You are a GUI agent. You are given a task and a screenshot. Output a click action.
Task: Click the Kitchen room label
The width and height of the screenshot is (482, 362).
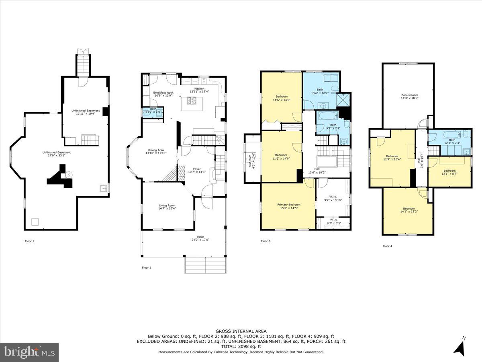[x=199, y=89]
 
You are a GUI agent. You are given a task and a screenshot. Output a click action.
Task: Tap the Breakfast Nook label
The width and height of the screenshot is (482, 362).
[x=163, y=93]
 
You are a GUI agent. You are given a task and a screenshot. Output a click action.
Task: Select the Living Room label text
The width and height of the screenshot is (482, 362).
[x=167, y=206]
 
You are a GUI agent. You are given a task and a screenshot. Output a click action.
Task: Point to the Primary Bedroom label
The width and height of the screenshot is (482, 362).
[x=288, y=205]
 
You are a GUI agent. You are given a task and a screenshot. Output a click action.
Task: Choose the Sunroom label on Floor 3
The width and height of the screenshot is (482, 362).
[x=250, y=160]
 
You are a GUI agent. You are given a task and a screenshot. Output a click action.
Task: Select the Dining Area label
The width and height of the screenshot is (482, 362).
[x=155, y=150]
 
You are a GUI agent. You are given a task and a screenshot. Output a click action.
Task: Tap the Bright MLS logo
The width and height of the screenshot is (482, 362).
[x=29, y=352]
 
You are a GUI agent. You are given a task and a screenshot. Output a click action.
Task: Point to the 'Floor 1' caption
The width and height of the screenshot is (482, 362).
[x=30, y=241]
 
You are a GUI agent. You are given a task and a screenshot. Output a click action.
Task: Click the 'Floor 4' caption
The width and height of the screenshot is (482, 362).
[x=387, y=246]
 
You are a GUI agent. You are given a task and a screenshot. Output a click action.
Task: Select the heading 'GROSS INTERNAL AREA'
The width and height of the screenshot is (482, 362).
[x=241, y=331]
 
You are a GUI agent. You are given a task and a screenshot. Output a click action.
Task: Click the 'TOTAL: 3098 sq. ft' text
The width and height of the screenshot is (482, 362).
[x=241, y=346]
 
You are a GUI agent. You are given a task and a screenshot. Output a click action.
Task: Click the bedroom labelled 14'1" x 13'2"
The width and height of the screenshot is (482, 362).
[x=408, y=210]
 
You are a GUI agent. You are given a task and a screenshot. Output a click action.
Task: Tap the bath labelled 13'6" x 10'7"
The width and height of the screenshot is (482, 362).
[x=320, y=91]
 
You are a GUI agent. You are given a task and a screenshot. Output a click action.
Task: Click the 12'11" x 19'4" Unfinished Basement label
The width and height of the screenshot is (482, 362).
[x=86, y=112]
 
